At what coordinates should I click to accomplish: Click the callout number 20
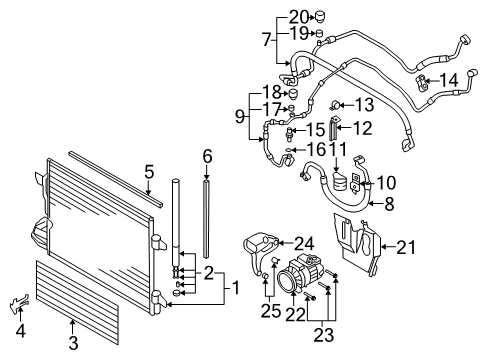(x=299, y=16)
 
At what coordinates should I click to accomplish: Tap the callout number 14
(x=450, y=79)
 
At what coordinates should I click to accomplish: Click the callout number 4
(x=147, y=172)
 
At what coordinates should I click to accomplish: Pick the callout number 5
(x=207, y=156)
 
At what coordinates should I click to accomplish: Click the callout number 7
(x=266, y=40)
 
